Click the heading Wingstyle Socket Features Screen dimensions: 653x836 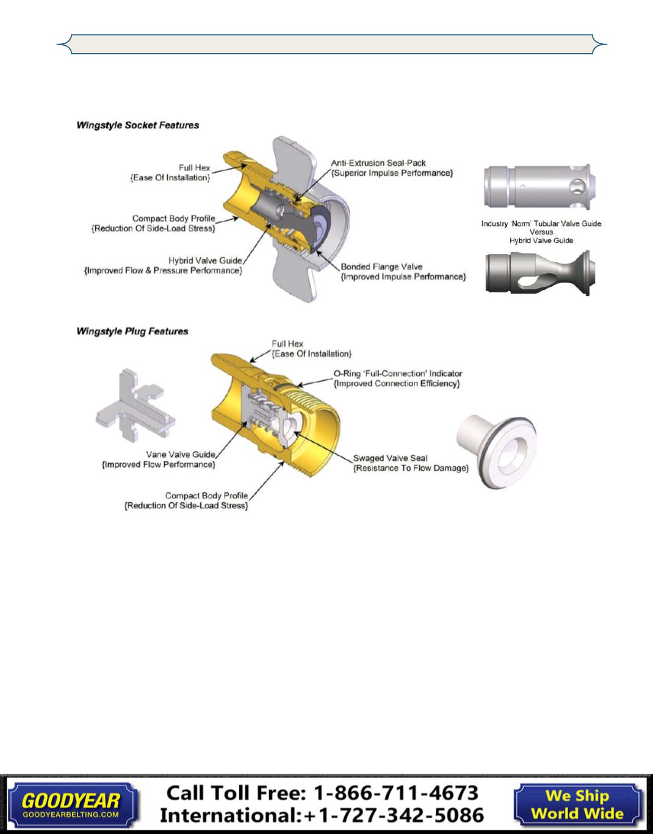pyautogui.click(x=138, y=125)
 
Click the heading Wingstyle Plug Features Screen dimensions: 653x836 pyautogui.click(x=132, y=331)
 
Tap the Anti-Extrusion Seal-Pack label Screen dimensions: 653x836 pyautogui.click(x=378, y=163)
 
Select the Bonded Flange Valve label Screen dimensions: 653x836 pyautogui.click(x=381, y=267)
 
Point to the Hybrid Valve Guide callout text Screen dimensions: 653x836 pyautogui.click(x=205, y=261)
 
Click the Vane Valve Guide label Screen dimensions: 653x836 pyautogui.click(x=181, y=455)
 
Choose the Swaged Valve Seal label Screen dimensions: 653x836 pyautogui.click(x=391, y=458)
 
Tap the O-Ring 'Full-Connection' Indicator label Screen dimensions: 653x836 pyautogui.click(x=398, y=373)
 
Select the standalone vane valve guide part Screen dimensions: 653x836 pyautogui.click(x=135, y=406)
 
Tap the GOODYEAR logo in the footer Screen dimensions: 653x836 pyautogui.click(x=71, y=801)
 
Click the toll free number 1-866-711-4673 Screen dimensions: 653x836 pyautogui.click(x=396, y=793)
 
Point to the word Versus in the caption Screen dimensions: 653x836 pyautogui.click(x=541, y=232)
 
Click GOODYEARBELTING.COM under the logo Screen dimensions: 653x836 pyautogui.click(x=71, y=815)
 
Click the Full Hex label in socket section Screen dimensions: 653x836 pyautogui.click(x=194, y=168)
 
